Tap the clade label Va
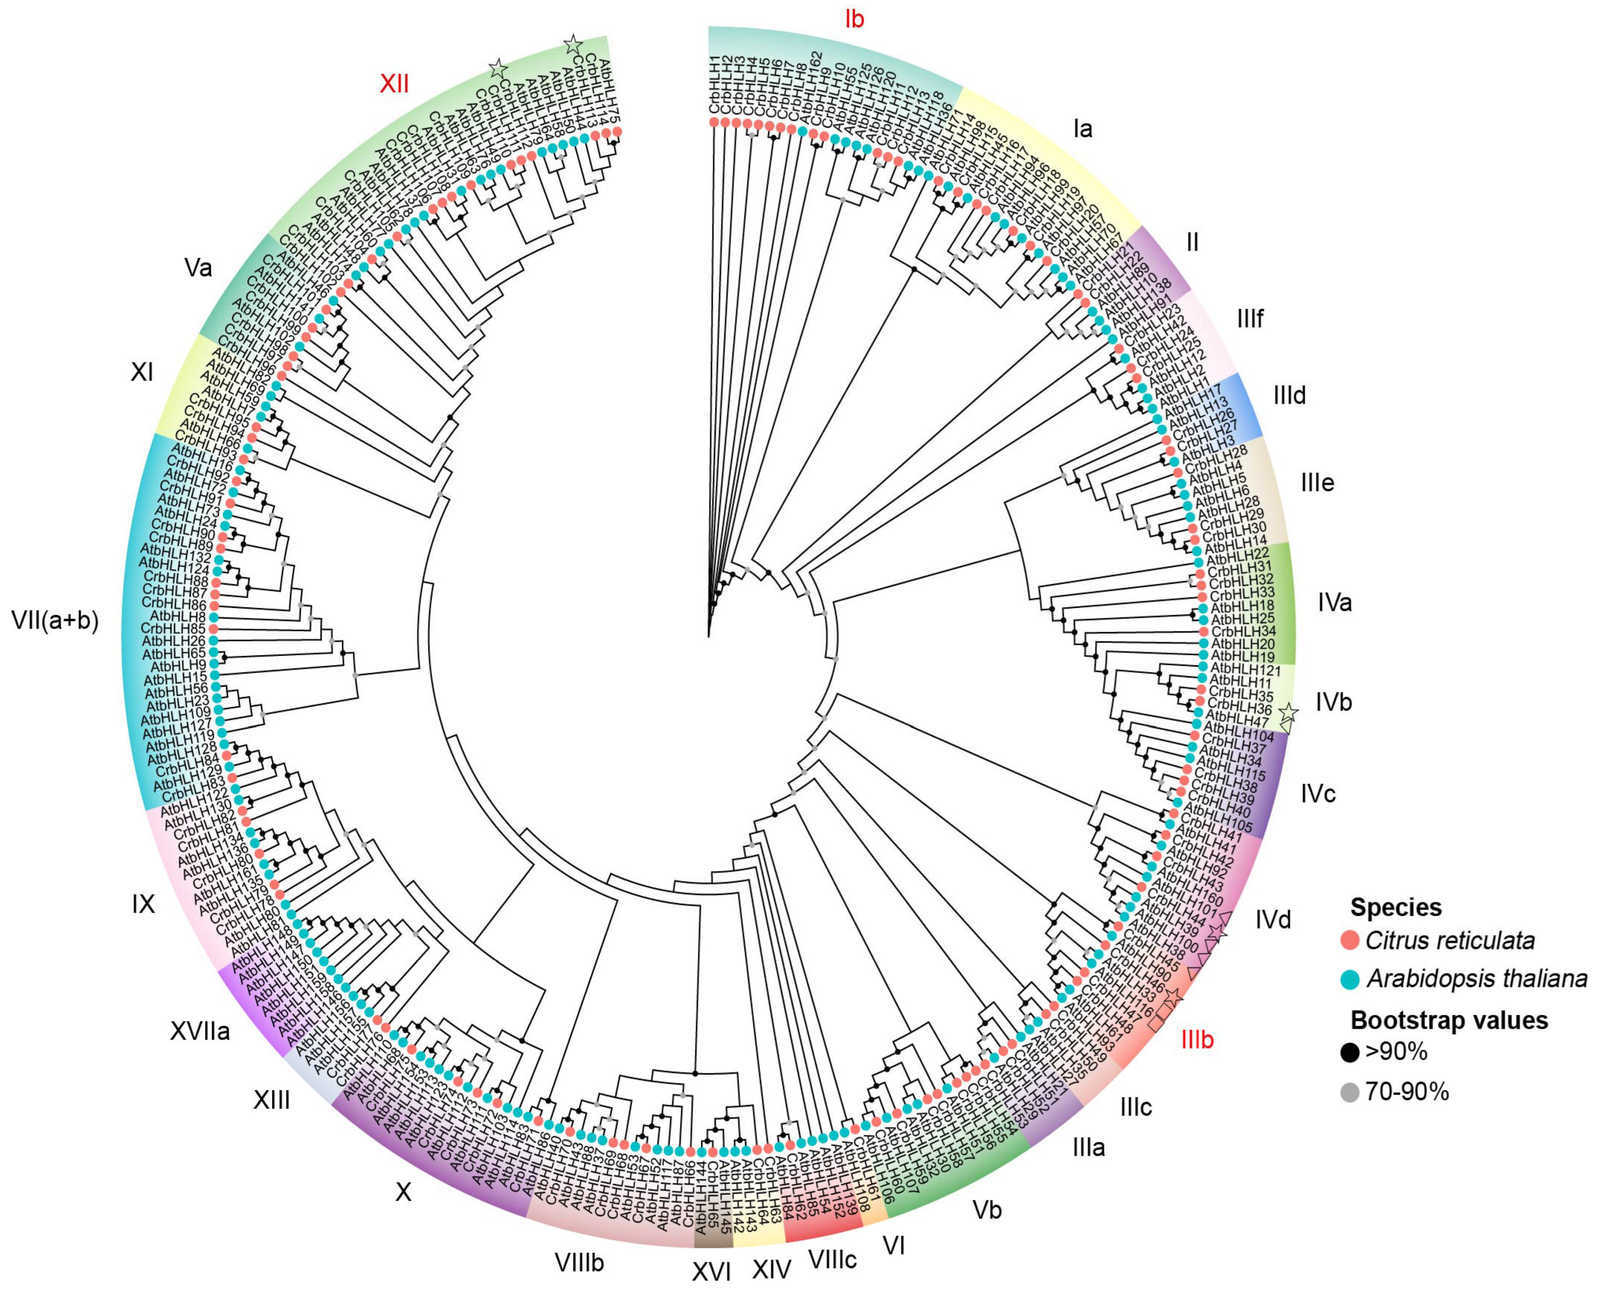(x=198, y=268)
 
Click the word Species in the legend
(x=1396, y=907)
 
